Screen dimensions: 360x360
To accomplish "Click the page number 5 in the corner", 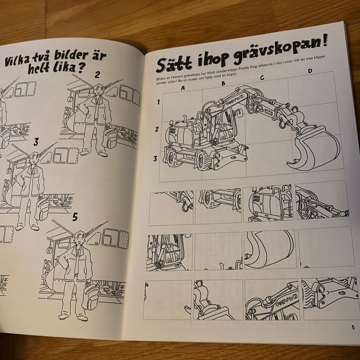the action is [353, 327].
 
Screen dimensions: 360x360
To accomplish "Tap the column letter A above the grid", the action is [183, 88].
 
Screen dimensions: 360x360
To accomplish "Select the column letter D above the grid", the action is [310, 71].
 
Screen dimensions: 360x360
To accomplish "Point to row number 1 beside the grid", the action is [158, 102].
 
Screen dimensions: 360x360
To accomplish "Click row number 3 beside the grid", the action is [156, 159].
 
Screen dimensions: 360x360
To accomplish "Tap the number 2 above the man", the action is [97, 74].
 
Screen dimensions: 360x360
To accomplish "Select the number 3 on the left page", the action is [36, 142].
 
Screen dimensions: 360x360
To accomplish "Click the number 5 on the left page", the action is [75, 217].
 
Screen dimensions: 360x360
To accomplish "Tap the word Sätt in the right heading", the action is [174, 64].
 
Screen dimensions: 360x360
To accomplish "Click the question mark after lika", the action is [80, 68].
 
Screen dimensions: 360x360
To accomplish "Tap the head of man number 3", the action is [34, 159].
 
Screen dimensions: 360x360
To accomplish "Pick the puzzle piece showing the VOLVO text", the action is [272, 299].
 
